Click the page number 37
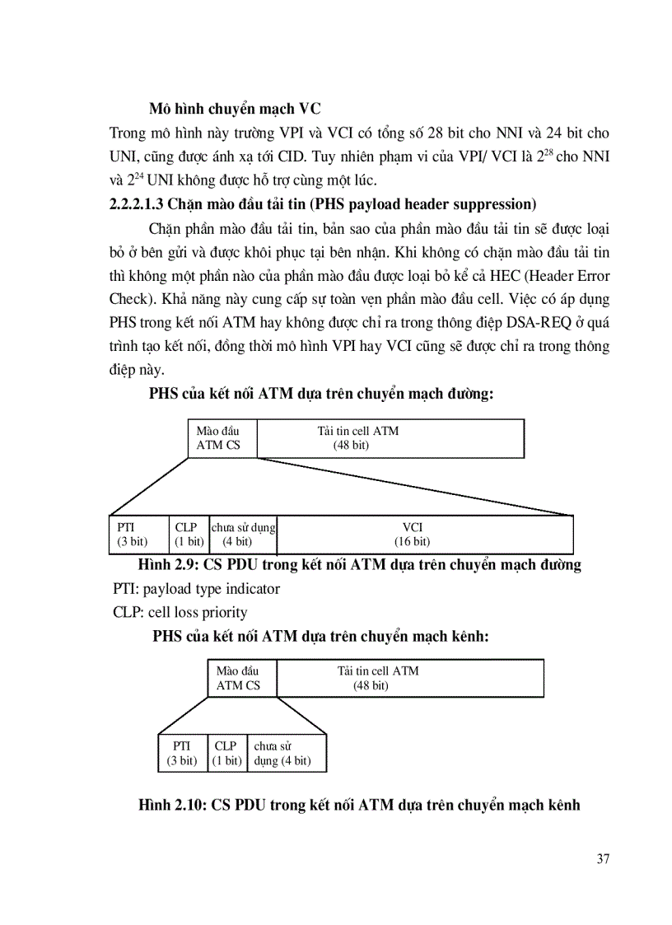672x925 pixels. [x=603, y=859]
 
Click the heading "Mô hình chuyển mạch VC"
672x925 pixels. [x=235, y=108]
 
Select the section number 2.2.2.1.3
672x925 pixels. [x=142, y=203]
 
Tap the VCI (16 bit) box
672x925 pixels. [x=425, y=534]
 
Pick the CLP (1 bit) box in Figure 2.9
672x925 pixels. [x=189, y=534]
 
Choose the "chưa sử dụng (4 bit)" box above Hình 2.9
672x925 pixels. [x=242, y=534]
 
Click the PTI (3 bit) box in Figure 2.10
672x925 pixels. [x=182, y=753]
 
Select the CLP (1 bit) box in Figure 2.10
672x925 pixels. [x=226, y=753]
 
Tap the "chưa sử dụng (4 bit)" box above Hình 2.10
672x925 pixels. [x=286, y=753]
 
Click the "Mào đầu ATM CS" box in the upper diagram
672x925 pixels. [x=222, y=438]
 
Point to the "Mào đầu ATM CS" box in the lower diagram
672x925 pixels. [x=242, y=678]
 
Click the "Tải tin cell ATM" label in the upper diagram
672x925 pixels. [x=357, y=431]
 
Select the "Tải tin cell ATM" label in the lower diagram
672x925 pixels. [x=378, y=670]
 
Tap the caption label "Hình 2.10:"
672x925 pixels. [x=173, y=805]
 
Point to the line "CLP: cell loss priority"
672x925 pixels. [x=180, y=612]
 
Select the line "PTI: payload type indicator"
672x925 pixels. [x=196, y=589]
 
